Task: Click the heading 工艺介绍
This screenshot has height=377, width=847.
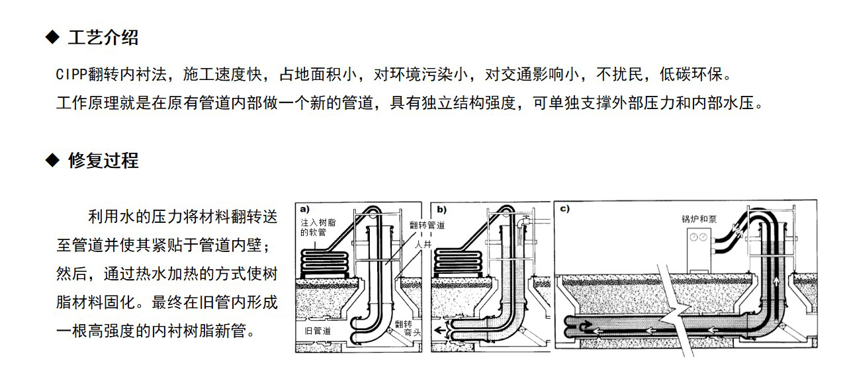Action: (103, 38)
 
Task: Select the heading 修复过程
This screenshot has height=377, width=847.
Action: (103, 160)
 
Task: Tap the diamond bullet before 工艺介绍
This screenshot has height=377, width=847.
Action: (52, 38)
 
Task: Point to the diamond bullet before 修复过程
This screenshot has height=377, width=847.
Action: (52, 160)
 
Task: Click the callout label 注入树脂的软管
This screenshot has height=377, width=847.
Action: (318, 228)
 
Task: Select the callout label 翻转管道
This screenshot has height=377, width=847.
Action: (427, 225)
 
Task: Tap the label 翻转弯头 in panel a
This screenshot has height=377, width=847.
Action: (403, 328)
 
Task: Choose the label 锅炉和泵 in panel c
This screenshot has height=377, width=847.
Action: (699, 218)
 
